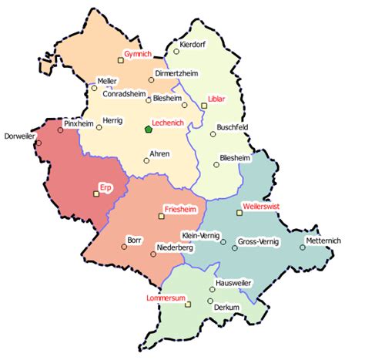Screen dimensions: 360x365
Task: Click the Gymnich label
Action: point(139,54)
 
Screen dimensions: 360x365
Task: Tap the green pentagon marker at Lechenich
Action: point(148,130)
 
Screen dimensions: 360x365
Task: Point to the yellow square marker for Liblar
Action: point(204,106)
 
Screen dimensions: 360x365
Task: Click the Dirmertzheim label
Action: point(177,73)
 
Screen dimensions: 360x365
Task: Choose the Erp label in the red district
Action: point(106,187)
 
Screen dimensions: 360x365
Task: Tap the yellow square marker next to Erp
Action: point(96,194)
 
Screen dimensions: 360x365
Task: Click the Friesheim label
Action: point(181,209)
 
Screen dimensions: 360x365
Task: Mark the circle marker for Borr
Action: point(124,247)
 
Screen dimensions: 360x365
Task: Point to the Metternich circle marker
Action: point(303,247)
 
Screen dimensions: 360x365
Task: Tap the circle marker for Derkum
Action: point(210,301)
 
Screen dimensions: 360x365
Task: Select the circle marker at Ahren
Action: point(146,160)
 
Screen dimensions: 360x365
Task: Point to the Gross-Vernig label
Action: point(259,241)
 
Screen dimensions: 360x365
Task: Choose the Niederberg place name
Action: point(174,248)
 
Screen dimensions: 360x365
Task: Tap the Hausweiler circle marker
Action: point(212,289)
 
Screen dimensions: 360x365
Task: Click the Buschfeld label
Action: point(236,127)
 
